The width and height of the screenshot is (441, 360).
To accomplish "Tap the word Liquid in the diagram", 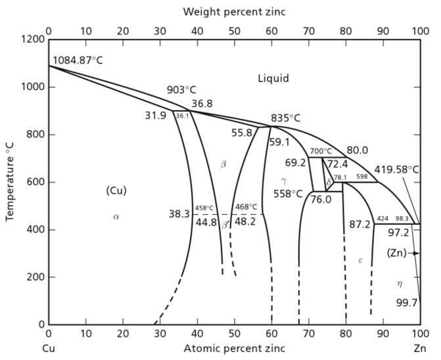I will [273, 78].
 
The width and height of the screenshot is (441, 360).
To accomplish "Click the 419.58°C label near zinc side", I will [396, 169].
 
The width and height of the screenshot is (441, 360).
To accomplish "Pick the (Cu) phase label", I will [116, 191].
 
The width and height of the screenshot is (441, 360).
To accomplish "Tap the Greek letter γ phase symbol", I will [283, 180].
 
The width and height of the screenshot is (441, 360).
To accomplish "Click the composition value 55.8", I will [242, 133].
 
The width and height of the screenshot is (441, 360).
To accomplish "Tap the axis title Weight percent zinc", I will [233, 12].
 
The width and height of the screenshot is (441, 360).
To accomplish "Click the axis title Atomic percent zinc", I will [235, 348].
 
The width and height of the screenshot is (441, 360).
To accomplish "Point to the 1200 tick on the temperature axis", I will [31, 39].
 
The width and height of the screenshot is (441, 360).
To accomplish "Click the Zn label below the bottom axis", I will [419, 348].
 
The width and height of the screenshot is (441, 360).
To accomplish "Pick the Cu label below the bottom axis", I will [48, 348].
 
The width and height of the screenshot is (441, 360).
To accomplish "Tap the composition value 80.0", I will [358, 150].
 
